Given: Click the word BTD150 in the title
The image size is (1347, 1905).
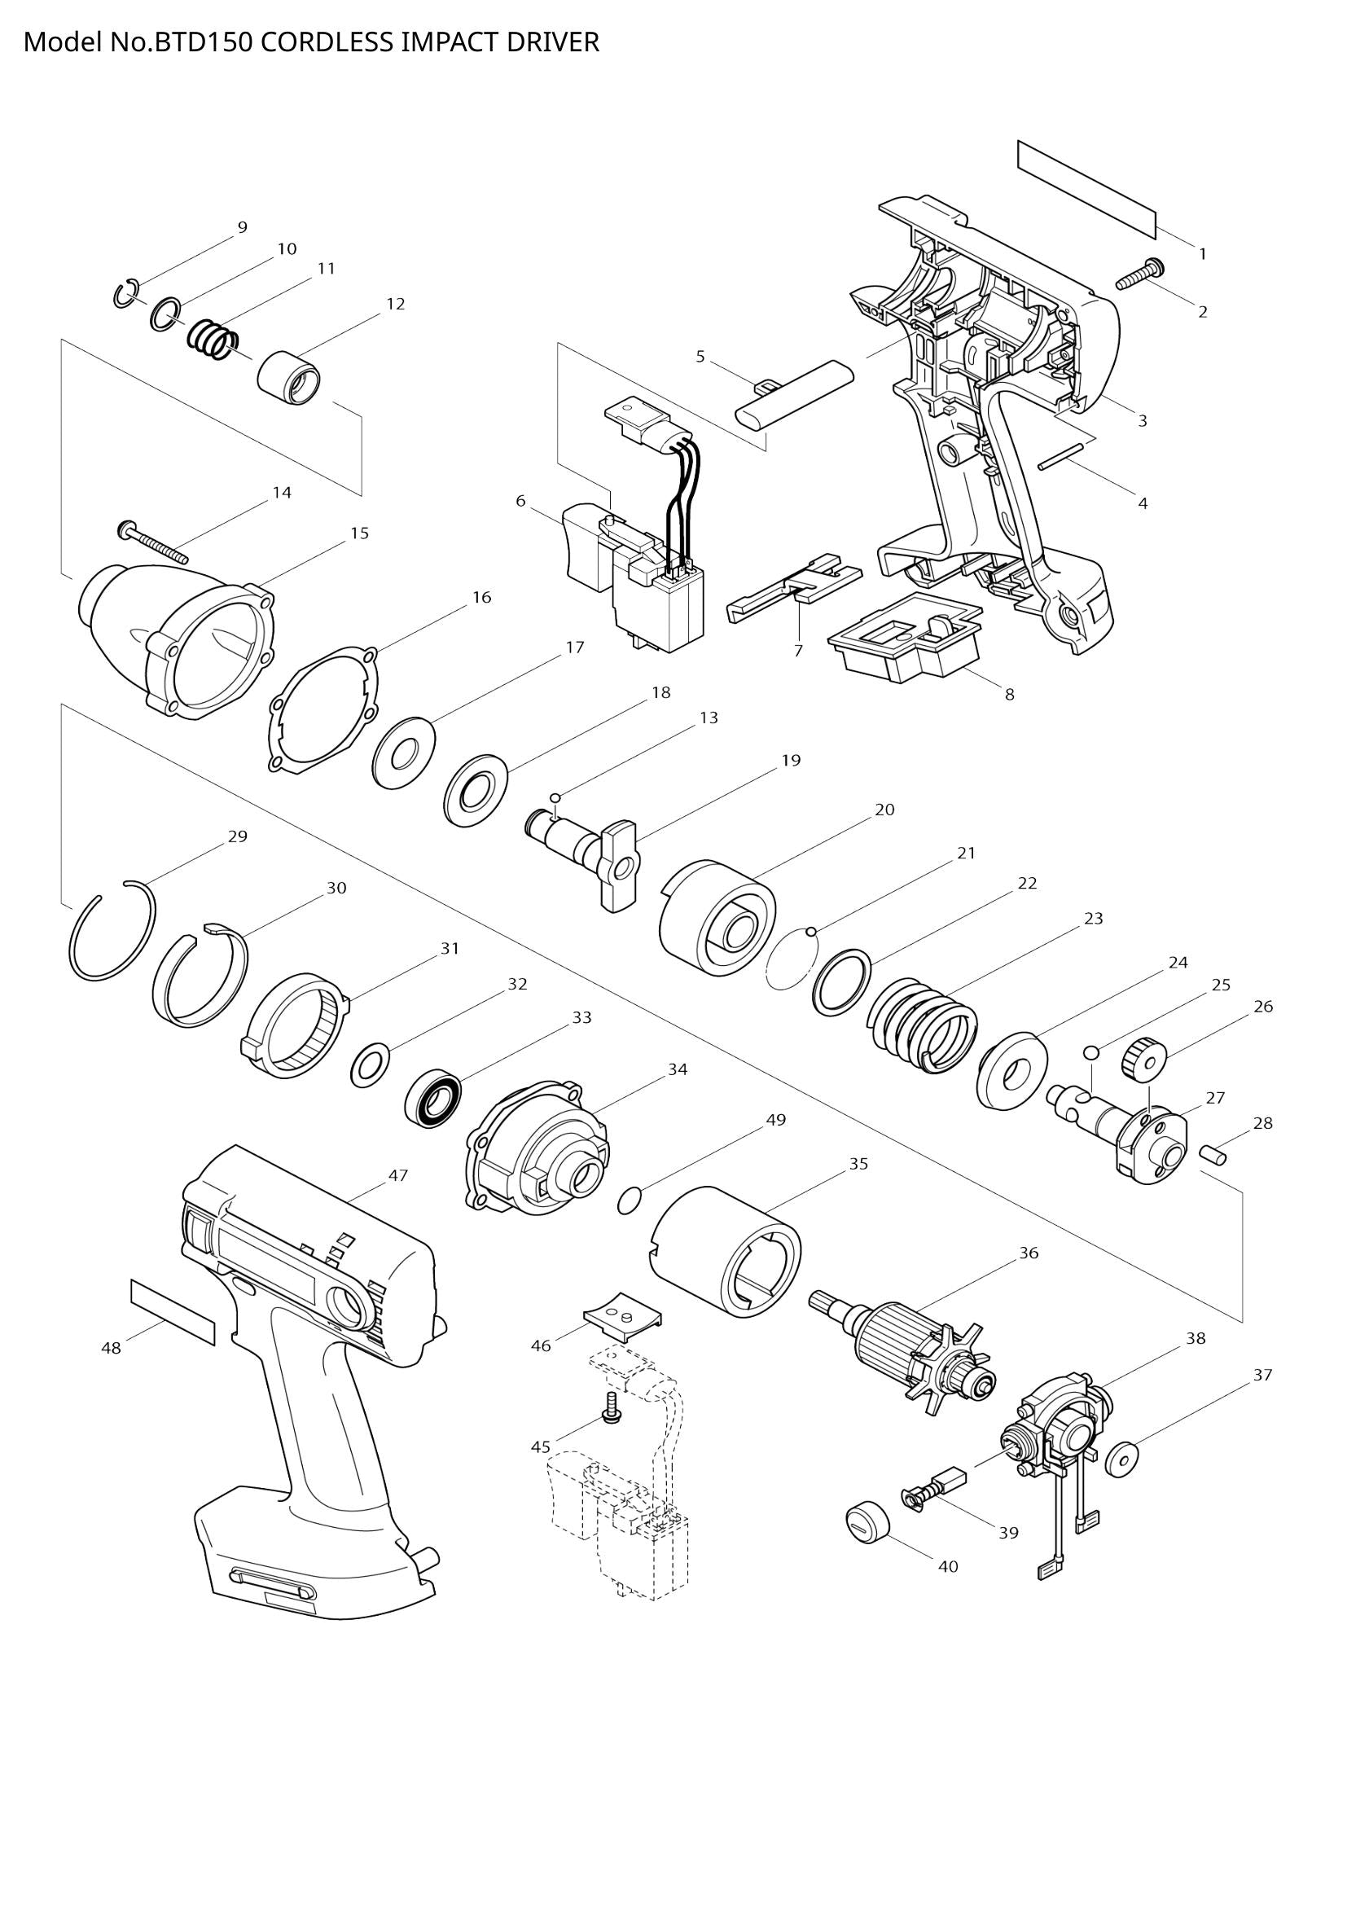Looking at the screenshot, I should click(x=204, y=42).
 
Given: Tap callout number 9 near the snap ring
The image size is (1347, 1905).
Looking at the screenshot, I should click(x=242, y=227).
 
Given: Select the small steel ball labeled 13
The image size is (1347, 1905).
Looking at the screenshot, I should click(x=555, y=797).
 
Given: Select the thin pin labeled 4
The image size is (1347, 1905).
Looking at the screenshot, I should click(x=1061, y=454).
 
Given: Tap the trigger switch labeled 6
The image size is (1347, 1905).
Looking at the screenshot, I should click(x=638, y=581).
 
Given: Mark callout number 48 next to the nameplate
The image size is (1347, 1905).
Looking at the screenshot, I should click(x=111, y=1348).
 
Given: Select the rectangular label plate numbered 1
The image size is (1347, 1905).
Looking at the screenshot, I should click(x=1086, y=187).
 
